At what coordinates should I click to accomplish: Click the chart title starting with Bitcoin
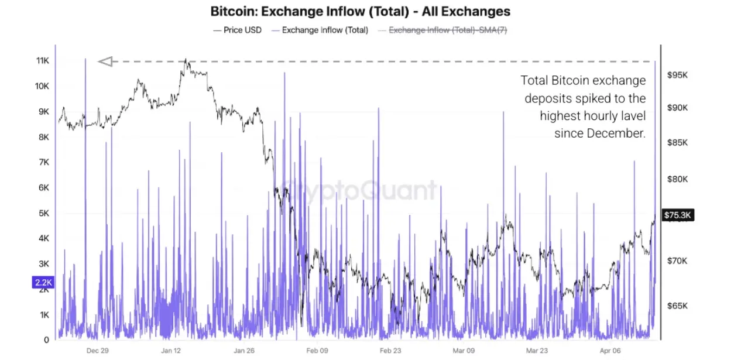pyautogui.click(x=360, y=11)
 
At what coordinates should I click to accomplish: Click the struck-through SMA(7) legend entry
pyautogui.click(x=448, y=30)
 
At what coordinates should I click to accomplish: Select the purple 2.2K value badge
pyautogui.click(x=44, y=283)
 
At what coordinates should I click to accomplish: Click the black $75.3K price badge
pyautogui.click(x=678, y=215)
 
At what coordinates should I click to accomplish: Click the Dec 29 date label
pyautogui.click(x=98, y=351)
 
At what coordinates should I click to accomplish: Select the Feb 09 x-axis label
pyautogui.click(x=317, y=351)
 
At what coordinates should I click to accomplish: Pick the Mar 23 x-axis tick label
pyautogui.click(x=538, y=351)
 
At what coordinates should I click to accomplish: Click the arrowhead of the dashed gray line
pyautogui.click(x=105, y=61)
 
